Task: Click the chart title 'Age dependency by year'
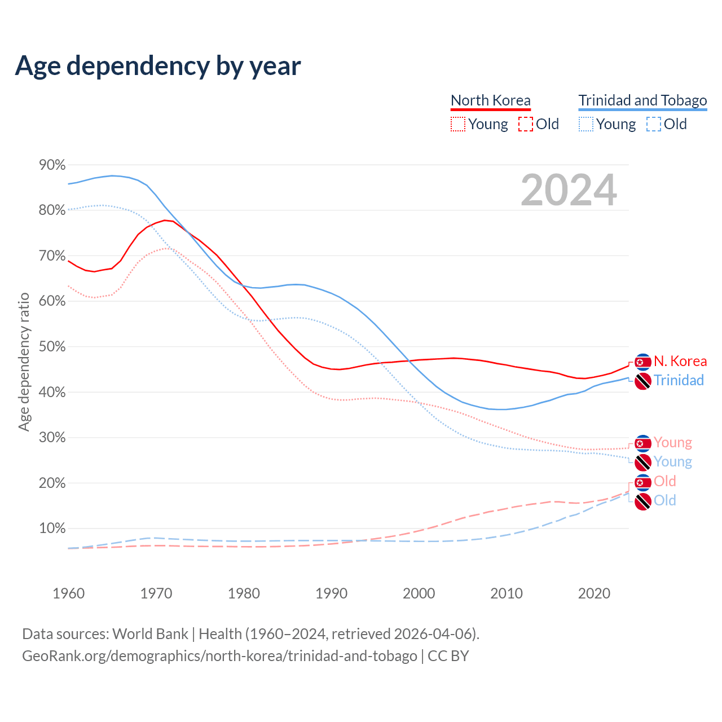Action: coord(158,66)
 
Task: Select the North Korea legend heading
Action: coord(490,100)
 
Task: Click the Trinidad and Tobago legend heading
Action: coord(642,100)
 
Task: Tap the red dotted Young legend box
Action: coord(458,124)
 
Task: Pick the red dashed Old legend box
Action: coord(525,124)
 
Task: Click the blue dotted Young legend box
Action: coord(586,124)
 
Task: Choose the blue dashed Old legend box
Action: coord(653,124)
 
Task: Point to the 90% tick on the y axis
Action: coord(52,165)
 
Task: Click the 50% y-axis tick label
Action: coord(52,347)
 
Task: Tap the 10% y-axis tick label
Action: coord(52,529)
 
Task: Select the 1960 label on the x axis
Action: coord(68,593)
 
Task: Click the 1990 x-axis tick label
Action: coord(331,593)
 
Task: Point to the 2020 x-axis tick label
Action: coord(594,593)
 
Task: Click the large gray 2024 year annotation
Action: coord(569,190)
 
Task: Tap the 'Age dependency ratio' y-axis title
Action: coord(24,362)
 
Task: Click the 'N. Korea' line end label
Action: coord(680,362)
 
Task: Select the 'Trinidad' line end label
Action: coord(679,381)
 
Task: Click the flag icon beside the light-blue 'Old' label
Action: coord(642,501)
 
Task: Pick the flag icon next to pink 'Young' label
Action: coord(642,443)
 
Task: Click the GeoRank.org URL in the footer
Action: coord(219,656)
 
